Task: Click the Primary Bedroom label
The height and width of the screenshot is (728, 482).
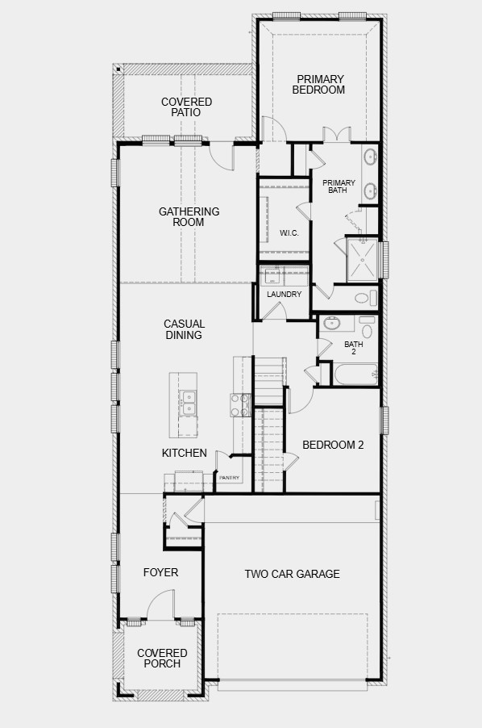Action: point(320,85)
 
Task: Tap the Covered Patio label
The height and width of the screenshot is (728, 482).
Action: point(186,107)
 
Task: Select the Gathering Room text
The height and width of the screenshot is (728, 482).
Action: point(189,217)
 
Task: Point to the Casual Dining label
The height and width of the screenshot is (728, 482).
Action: point(184,329)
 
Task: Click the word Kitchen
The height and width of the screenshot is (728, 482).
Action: point(185,454)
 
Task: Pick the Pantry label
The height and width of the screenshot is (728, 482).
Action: point(230,478)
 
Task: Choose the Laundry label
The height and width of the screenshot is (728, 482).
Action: point(284,295)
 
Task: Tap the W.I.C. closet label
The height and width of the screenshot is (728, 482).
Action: point(289,233)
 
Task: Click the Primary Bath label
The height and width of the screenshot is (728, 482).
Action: point(339,186)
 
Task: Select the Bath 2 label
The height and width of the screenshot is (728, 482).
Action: point(354,348)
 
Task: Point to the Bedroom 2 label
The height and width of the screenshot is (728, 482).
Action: point(333,445)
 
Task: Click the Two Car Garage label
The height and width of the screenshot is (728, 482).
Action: point(293,575)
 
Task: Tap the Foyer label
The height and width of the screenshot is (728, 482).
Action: point(160,573)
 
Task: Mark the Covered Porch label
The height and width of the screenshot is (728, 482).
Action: point(162,659)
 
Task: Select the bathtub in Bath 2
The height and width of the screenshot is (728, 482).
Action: point(354,374)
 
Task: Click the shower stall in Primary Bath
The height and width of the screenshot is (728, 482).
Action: point(362,259)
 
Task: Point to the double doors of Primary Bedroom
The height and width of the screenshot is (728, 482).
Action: point(336,134)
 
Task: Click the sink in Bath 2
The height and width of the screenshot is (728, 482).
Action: point(332,324)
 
